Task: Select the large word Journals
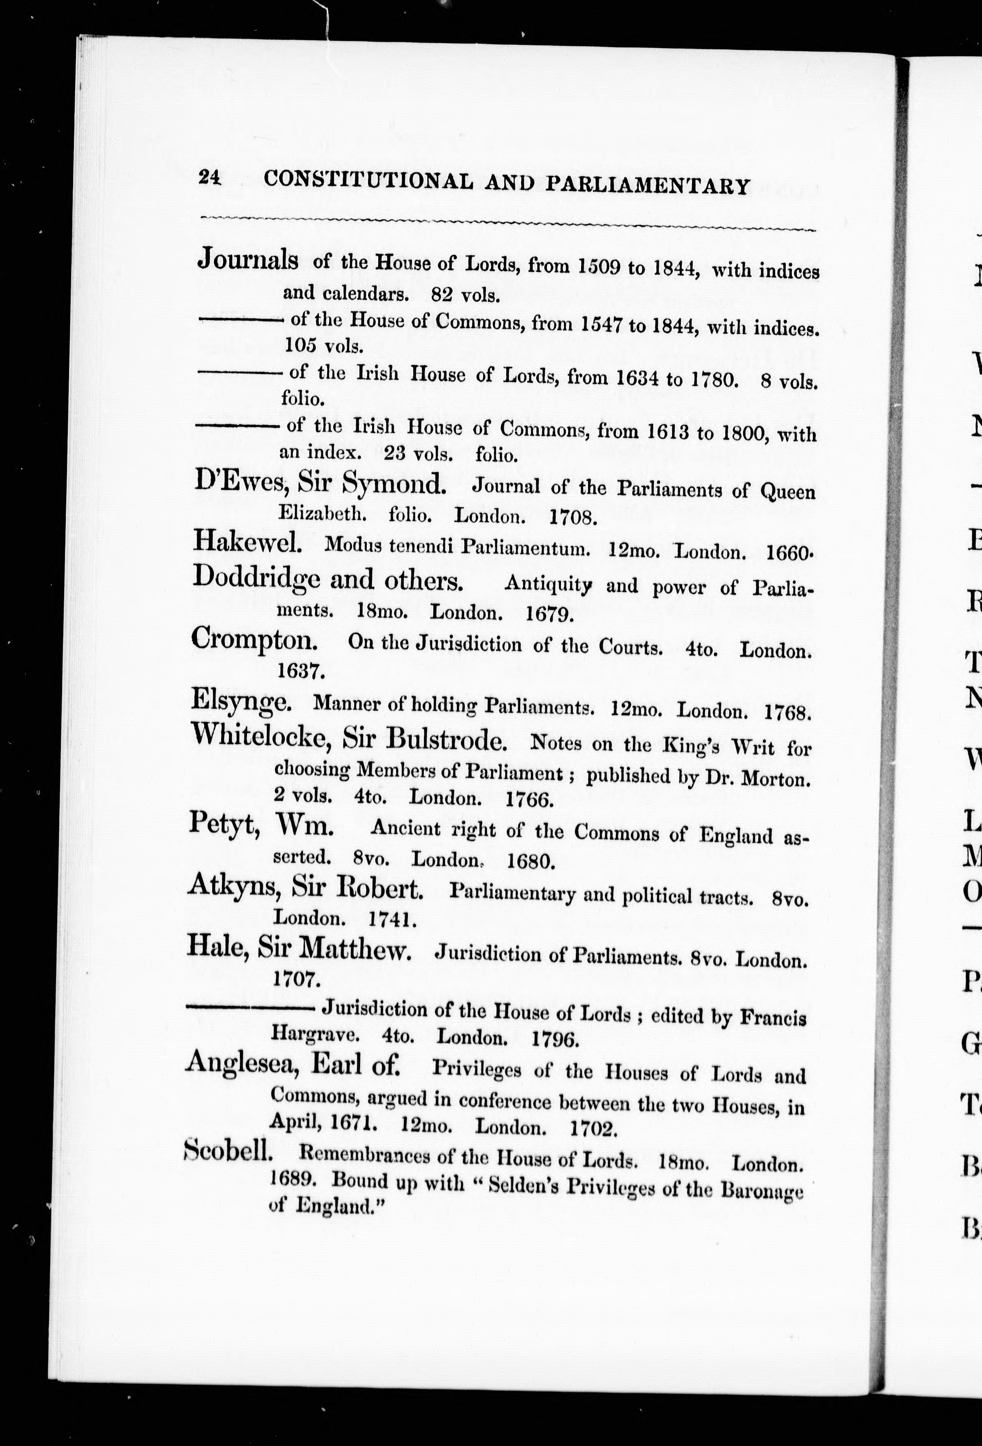[247, 259]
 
